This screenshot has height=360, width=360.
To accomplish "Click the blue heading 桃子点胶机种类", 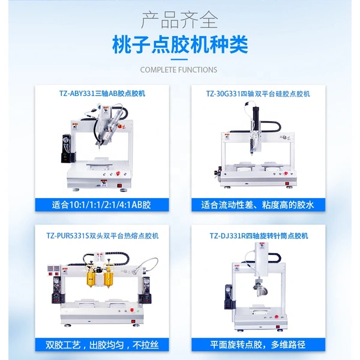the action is pyautogui.click(x=180, y=44).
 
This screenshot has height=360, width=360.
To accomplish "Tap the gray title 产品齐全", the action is pyautogui.click(x=179, y=20).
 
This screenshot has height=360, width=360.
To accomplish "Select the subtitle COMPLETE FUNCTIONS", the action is pyautogui.click(x=179, y=70).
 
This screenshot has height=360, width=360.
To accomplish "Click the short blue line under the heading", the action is pyautogui.click(x=179, y=59).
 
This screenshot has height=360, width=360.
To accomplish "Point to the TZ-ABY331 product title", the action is pyautogui.click(x=102, y=94).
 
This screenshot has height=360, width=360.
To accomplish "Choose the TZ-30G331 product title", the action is pyautogui.click(x=258, y=94).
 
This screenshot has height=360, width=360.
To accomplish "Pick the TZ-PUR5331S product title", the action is pyautogui.click(x=103, y=236).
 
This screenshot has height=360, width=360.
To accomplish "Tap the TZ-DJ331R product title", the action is pyautogui.click(x=259, y=236).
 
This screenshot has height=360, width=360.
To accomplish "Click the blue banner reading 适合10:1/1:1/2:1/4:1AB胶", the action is pyautogui.click(x=102, y=205).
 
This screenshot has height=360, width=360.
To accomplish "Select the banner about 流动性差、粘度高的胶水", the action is pyautogui.click(x=258, y=205).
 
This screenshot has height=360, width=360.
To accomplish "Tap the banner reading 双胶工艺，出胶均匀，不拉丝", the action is pyautogui.click(x=102, y=344).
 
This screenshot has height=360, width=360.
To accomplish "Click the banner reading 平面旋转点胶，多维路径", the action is pyautogui.click(x=258, y=344).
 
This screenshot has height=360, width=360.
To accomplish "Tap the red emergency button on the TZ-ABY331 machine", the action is pyautogui.click(x=118, y=173).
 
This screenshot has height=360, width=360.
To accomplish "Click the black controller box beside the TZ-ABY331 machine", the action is pyautogui.click(x=67, y=148).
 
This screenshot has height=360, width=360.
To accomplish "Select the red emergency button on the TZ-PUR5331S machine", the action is pyautogui.click(x=132, y=310).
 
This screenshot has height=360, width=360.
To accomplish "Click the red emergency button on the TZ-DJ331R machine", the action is pyautogui.click(x=277, y=317).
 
